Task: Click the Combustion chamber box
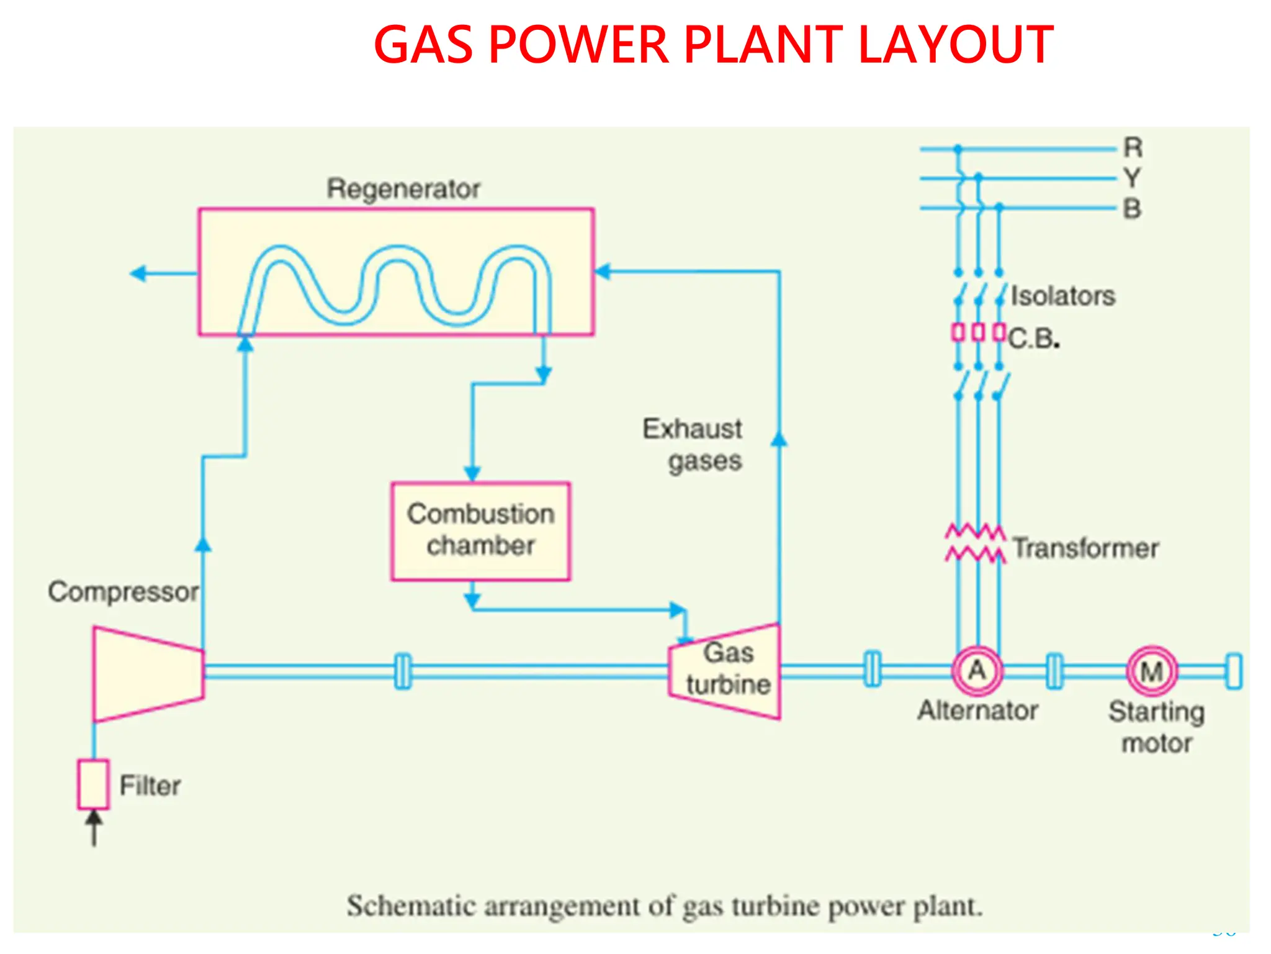pyautogui.click(x=480, y=531)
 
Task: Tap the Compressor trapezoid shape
pyautogui.click(x=148, y=674)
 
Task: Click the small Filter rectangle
pyautogui.click(x=94, y=784)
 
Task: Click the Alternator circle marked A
pyautogui.click(x=977, y=671)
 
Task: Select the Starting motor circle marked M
pyautogui.click(x=1152, y=671)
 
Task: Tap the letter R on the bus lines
pyautogui.click(x=1133, y=148)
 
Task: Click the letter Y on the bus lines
pyautogui.click(x=1133, y=178)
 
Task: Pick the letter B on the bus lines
pyautogui.click(x=1133, y=209)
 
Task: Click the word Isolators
pyautogui.click(x=1062, y=296)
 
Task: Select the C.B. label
pyautogui.click(x=1033, y=339)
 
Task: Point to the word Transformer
pyautogui.click(x=1085, y=548)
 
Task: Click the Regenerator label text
pyautogui.click(x=403, y=189)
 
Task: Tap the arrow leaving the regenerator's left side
pyautogui.click(x=140, y=273)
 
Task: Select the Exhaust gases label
pyautogui.click(x=694, y=445)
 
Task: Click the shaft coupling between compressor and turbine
pyautogui.click(x=403, y=671)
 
